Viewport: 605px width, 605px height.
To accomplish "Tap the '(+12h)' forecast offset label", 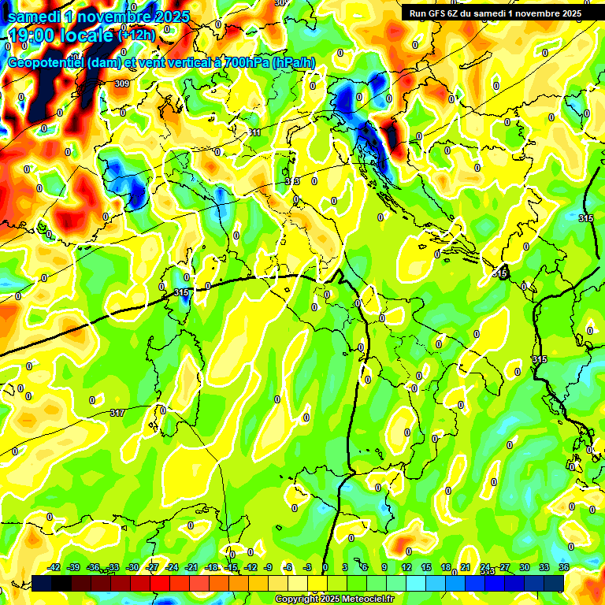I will pyautogui.click(x=136, y=35).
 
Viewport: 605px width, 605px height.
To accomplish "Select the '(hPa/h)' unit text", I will pyautogui.click(x=293, y=63).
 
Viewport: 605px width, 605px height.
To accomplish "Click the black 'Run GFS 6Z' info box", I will pyautogui.click(x=494, y=13).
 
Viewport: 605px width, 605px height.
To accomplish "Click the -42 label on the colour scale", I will pyautogui.click(x=54, y=567).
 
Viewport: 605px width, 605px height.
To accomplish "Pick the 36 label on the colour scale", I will pyautogui.click(x=563, y=567).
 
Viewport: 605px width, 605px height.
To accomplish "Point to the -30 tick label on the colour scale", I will pyautogui.click(x=132, y=567).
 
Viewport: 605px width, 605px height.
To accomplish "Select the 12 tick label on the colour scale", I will pyautogui.click(x=406, y=567).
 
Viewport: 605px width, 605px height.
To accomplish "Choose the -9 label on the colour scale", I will pyautogui.click(x=269, y=567).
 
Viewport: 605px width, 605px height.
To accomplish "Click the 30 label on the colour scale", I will pyautogui.click(x=524, y=567).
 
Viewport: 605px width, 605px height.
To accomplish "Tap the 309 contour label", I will pyautogui.click(x=121, y=84).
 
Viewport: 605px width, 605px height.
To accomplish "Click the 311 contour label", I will pyautogui.click(x=254, y=132).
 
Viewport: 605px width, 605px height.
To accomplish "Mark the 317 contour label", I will pyautogui.click(x=117, y=413).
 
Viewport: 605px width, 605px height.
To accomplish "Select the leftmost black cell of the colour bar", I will pyautogui.click(x=42, y=584).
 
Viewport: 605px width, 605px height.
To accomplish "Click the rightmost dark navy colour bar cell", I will pyautogui.click(x=554, y=584).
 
